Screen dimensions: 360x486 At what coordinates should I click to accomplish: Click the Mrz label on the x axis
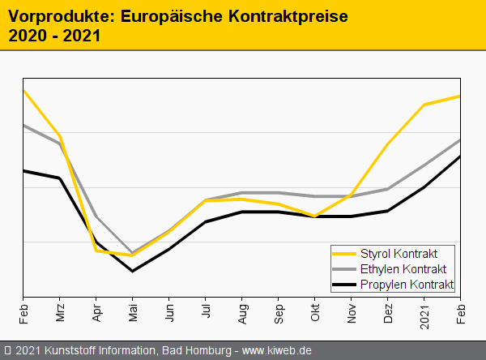point(60,312)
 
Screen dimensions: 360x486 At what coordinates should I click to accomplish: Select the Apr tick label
point(96,312)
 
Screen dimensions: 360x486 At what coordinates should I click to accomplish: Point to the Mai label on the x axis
point(133,312)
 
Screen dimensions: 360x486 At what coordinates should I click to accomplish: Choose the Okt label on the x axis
point(315,312)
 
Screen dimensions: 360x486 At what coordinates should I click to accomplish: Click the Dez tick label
point(388,312)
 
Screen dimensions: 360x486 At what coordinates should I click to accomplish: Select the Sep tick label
point(279,312)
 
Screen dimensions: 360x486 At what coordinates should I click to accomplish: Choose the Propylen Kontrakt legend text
point(406,285)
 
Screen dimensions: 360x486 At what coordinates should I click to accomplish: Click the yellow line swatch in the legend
point(345,254)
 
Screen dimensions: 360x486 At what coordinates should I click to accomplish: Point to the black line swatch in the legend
point(345,285)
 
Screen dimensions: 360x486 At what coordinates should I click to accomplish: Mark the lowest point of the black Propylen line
point(133,271)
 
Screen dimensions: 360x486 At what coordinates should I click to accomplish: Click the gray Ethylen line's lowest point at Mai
point(133,253)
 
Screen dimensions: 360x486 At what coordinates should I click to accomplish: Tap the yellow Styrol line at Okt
point(315,216)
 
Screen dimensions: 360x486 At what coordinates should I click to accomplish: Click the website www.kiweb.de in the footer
point(277,351)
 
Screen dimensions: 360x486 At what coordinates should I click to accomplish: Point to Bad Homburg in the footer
point(194,351)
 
